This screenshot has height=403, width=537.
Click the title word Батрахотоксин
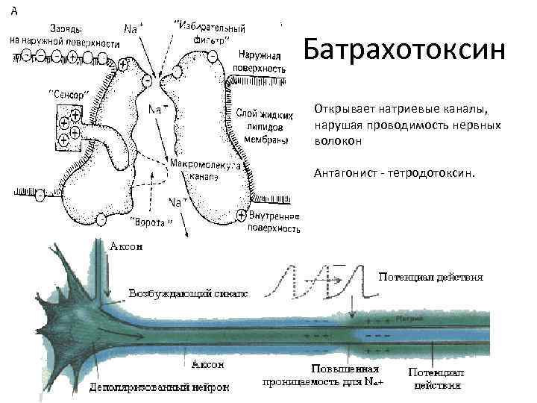click(405, 50)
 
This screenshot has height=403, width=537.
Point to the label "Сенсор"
click(69, 95)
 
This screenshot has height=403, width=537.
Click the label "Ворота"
click(154, 222)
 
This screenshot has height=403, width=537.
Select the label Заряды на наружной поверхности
click(64, 36)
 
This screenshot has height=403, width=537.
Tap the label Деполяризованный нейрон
click(160, 388)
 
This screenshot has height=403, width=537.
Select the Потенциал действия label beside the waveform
click(430, 276)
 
